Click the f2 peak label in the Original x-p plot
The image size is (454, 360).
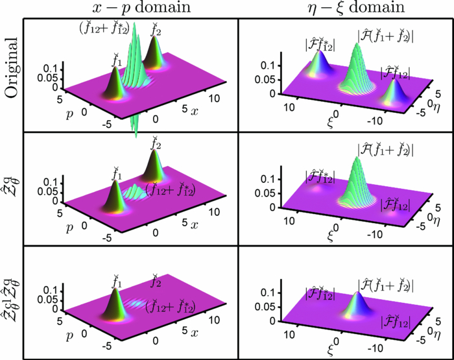[155, 28]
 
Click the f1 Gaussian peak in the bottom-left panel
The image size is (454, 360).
[117, 311]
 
